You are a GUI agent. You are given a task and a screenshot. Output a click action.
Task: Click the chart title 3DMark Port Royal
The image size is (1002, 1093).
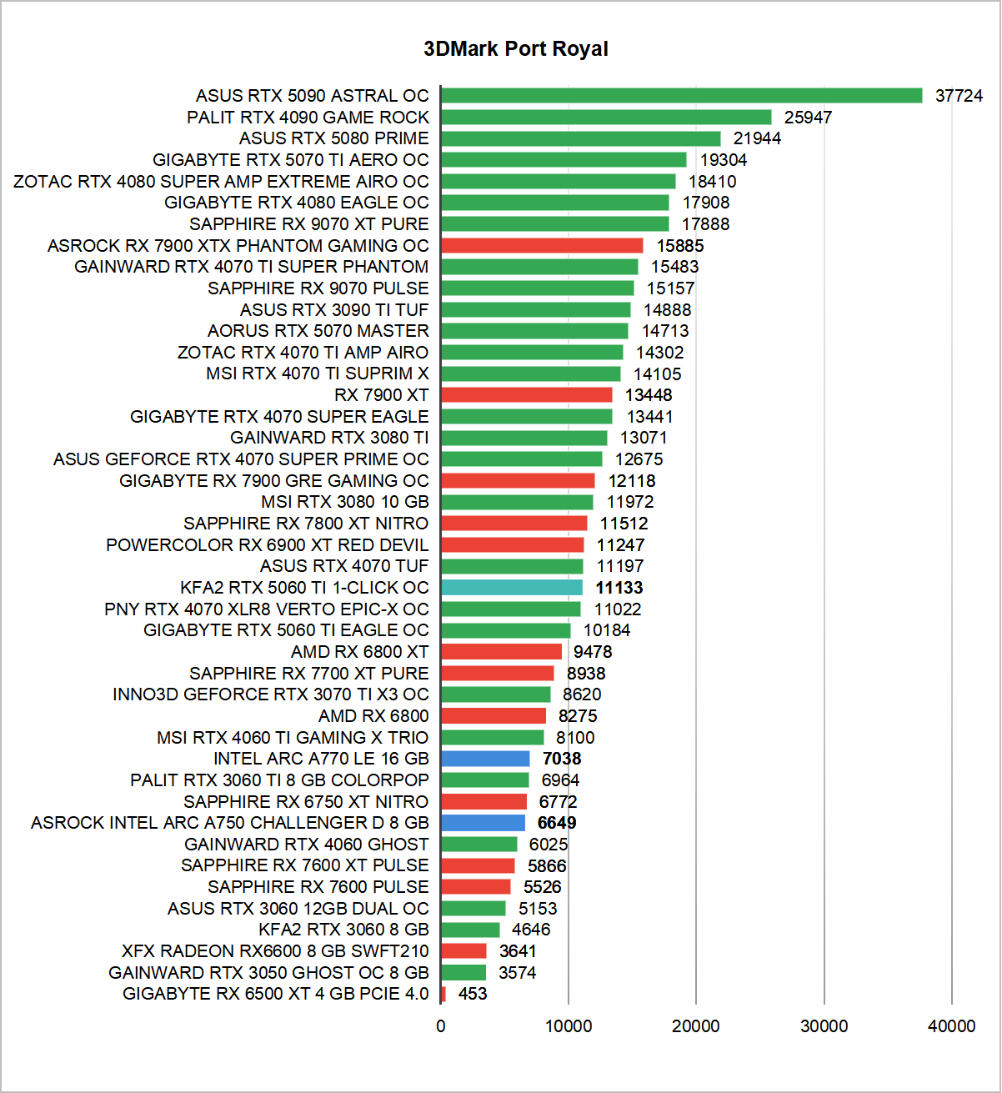click(x=515, y=49)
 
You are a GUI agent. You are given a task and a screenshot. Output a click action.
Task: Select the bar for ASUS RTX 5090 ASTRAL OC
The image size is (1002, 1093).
click(x=681, y=96)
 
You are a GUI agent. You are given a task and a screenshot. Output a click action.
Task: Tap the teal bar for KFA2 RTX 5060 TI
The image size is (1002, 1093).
click(x=512, y=588)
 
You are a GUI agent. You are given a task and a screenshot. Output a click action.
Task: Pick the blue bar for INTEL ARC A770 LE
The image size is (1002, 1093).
click(x=485, y=759)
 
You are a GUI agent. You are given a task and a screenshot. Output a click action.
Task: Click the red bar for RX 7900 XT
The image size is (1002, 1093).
click(x=526, y=395)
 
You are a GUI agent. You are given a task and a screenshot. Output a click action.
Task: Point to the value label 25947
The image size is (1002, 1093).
click(x=808, y=118)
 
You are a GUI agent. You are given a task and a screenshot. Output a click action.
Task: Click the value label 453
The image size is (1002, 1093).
click(x=473, y=994)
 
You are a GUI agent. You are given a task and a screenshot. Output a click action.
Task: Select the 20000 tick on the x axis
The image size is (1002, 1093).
click(x=696, y=1026)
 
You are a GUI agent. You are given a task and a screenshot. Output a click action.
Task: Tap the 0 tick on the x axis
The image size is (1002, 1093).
click(x=441, y=1026)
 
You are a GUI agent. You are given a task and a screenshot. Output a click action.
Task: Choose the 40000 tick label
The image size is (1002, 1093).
click(x=951, y=1026)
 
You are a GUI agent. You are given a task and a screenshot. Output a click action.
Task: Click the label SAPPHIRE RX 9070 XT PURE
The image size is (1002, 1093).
click(x=309, y=224)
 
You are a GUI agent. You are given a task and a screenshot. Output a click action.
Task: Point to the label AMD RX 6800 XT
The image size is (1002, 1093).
click(x=360, y=652)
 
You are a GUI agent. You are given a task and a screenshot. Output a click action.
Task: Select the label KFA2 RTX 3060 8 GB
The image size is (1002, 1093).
click(x=343, y=930)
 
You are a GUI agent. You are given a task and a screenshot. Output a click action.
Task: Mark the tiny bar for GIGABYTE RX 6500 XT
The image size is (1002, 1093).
click(x=443, y=994)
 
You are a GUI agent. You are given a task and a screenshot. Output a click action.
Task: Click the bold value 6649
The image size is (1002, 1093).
click(x=557, y=823)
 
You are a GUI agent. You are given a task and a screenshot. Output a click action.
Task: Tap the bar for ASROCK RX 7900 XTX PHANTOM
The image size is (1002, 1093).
click(x=542, y=246)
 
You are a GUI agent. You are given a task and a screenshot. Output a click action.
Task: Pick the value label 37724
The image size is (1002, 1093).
click(x=959, y=96)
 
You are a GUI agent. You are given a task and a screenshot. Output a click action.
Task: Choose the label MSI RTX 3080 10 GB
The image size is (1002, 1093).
click(x=345, y=502)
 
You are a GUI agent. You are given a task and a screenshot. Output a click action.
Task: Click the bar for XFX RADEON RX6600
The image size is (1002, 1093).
click(x=463, y=951)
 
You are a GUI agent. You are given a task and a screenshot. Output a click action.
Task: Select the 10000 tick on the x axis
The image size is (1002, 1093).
click(x=569, y=1026)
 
